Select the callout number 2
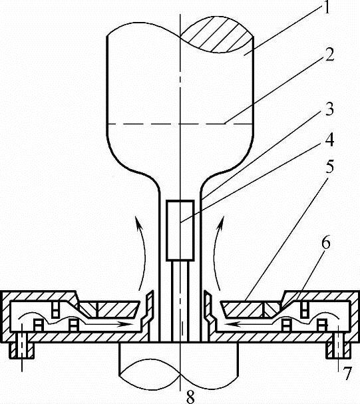(329, 54)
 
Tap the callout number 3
(329, 108)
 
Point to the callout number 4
(329, 140)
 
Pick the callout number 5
(329, 166)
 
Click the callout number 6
(326, 242)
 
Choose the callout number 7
(347, 373)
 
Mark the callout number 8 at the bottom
(190, 397)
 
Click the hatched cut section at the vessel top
(216, 35)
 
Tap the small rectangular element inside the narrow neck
(180, 230)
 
